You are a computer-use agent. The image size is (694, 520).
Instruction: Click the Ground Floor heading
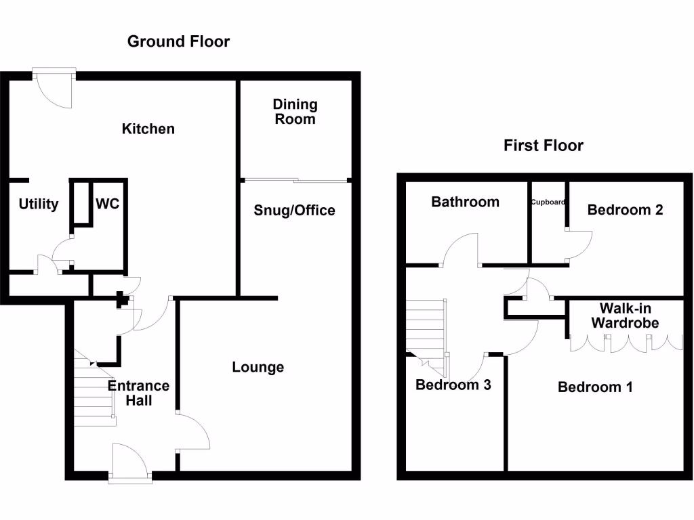[x=178, y=41]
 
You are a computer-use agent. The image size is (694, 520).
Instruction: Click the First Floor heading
[x=543, y=146]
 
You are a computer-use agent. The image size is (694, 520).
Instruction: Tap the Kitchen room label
[x=148, y=129]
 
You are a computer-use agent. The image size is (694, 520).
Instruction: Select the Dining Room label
[x=295, y=112]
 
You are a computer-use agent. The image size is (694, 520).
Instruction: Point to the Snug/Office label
[x=294, y=211]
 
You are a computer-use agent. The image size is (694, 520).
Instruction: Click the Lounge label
[x=258, y=368]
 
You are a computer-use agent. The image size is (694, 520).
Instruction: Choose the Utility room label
[x=38, y=204]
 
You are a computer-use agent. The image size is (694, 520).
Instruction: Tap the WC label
[x=108, y=204]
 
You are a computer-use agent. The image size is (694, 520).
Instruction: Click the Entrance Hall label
[x=139, y=393]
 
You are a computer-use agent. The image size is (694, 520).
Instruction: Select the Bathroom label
[x=465, y=202]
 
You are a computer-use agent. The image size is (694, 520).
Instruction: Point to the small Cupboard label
[x=548, y=202]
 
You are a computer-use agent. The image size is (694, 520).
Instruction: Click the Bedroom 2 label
[x=625, y=210]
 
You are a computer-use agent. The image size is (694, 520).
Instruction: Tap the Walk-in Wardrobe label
[x=625, y=316]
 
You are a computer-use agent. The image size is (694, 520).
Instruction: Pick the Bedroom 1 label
[x=595, y=387]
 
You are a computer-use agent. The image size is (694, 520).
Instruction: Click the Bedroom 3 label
[x=453, y=385]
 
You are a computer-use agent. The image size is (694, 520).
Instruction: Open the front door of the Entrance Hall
[x=130, y=462]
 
